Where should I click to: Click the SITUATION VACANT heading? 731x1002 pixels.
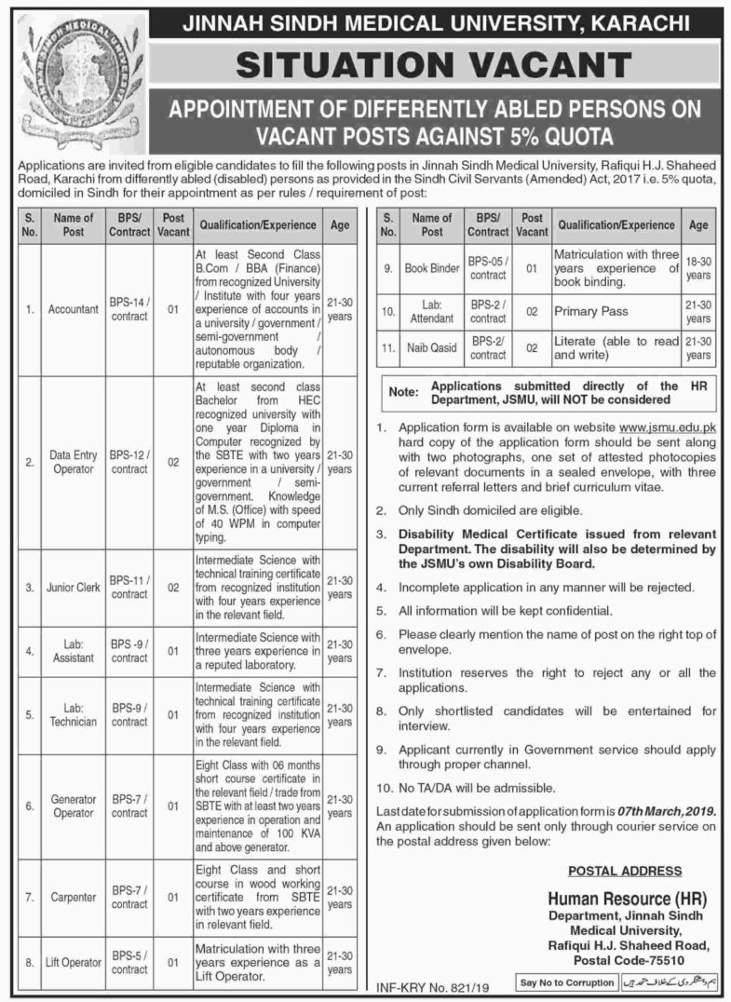pyautogui.click(x=432, y=64)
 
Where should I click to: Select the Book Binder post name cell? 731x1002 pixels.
pyautogui.click(x=432, y=267)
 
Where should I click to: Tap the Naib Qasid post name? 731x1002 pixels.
pyautogui.click(x=432, y=348)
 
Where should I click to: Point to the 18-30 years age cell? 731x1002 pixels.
pyautogui.click(x=699, y=267)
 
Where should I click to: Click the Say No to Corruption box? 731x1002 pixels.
pyautogui.click(x=568, y=982)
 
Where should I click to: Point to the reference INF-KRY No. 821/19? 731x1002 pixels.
pyautogui.click(x=430, y=982)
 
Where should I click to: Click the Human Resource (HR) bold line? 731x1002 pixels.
pyautogui.click(x=627, y=900)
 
